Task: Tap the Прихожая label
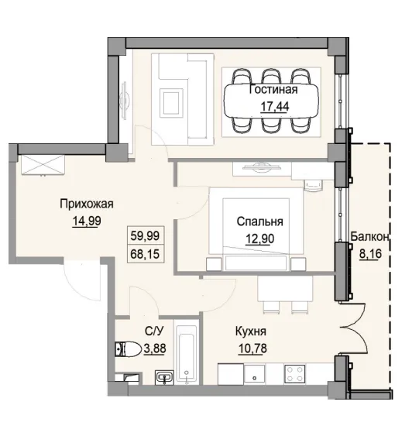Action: click(88, 204)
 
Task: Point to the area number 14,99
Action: click(88, 220)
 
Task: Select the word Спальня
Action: click(259, 220)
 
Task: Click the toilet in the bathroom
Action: click(122, 348)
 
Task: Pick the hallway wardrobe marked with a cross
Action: click(41, 164)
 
